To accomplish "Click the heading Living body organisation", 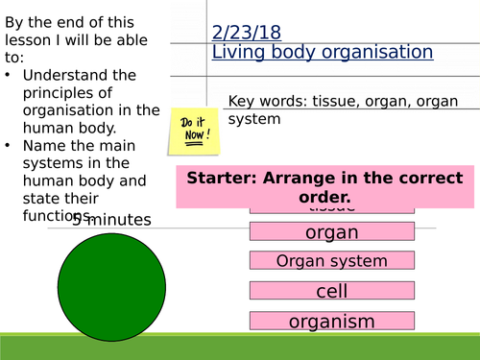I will click(322, 52).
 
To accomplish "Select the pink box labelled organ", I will click(331, 231).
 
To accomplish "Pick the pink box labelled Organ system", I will click(331, 260).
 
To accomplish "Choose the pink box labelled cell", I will click(331, 291).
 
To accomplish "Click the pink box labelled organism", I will click(331, 322).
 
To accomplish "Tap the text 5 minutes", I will click(111, 220).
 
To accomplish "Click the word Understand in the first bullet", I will click(63, 75).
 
